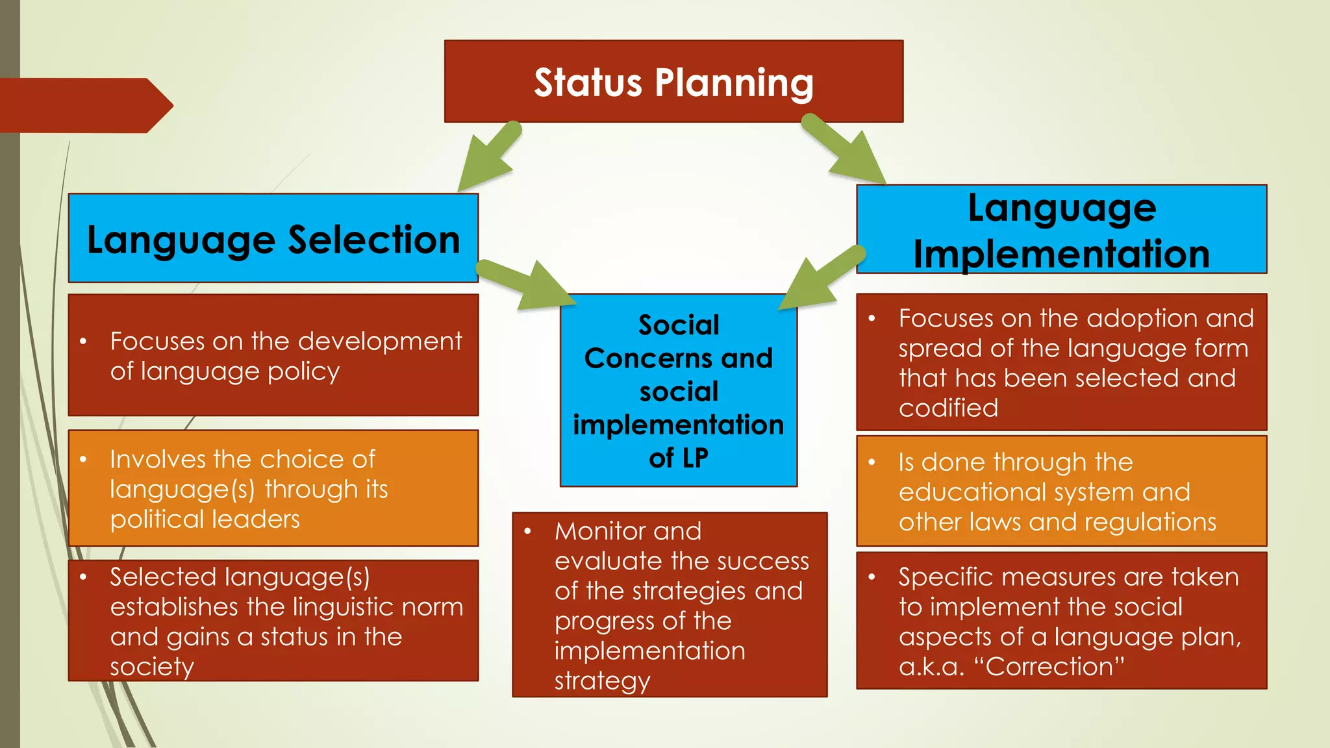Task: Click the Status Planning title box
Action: point(673,82)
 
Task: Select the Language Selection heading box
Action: point(273,238)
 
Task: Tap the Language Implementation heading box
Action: point(1061,230)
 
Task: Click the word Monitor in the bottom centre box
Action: point(595,531)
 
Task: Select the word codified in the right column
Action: point(948,408)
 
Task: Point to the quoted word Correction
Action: point(1055,666)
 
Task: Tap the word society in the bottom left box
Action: point(152,667)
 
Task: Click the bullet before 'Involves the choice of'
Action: point(83,460)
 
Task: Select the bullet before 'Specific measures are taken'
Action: point(872,577)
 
